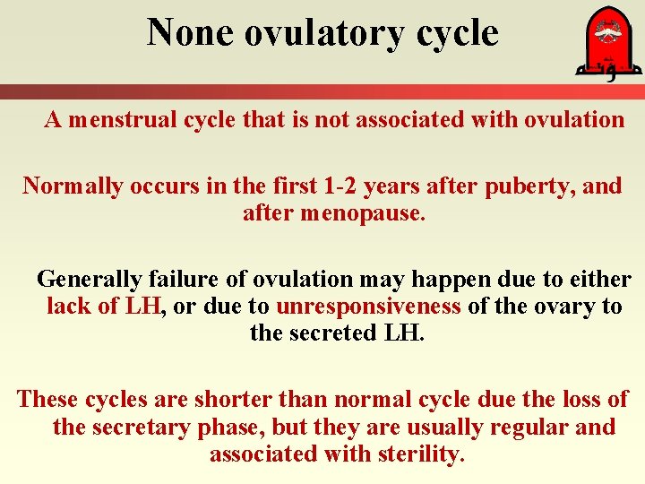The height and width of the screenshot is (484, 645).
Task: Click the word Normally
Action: tap(73, 186)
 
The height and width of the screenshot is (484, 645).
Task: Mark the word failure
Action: tap(197, 280)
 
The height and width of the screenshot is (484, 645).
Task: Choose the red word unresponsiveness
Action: tap(368, 307)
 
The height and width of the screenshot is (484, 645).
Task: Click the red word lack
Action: tap(69, 307)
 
